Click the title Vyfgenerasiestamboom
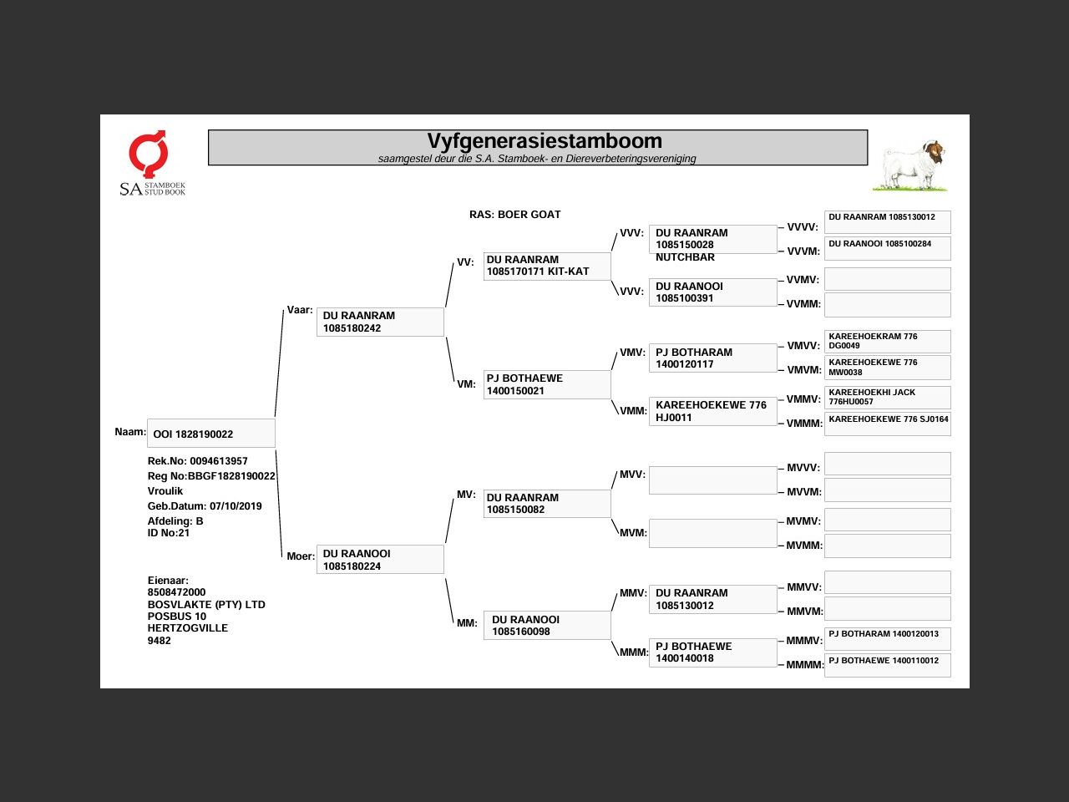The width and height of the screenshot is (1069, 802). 545,141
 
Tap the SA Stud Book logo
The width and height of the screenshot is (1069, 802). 151,164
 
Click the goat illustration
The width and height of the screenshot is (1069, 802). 913,165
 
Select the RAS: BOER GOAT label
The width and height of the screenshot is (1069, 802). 514,215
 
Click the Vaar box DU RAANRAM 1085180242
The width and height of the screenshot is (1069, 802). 380,322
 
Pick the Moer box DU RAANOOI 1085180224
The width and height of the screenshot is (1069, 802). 380,560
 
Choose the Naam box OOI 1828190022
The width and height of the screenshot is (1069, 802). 211,434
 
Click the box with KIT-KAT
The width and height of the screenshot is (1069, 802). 547,266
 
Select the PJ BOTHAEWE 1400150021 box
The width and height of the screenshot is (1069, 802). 547,384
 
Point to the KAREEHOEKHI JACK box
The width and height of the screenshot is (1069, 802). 887,397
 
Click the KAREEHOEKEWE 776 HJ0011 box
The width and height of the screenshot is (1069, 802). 712,411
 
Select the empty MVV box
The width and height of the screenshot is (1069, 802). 712,480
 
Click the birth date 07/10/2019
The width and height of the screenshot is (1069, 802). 236,506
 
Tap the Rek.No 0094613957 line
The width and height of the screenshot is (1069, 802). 198,461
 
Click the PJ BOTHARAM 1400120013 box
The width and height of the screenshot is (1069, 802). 887,639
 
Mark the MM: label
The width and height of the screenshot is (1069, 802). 467,623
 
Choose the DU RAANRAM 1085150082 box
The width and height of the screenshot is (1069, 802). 547,504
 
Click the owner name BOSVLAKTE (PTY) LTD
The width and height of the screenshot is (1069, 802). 206,605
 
